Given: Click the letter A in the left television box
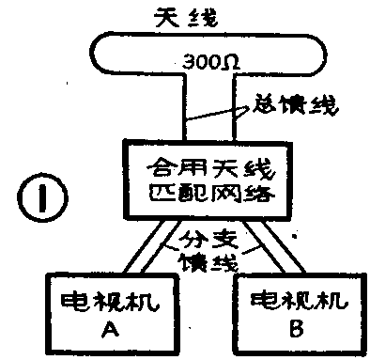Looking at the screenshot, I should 106,332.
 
